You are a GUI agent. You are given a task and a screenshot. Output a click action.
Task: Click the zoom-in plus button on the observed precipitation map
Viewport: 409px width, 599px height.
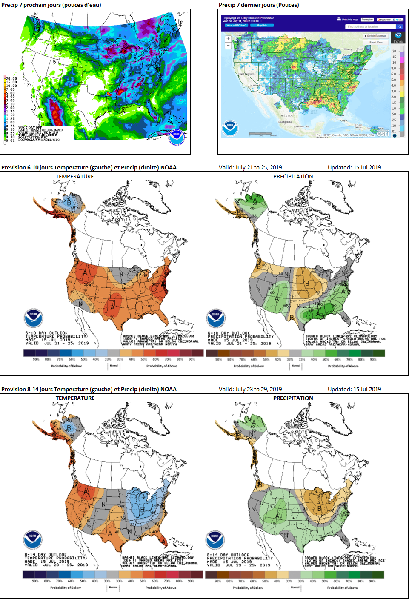pyautogui.click(x=228, y=39)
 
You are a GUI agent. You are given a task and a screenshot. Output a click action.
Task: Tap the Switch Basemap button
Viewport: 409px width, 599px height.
pyautogui.click(x=376, y=36)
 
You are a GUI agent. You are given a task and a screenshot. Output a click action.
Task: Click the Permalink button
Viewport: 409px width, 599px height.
pyautogui.click(x=367, y=20)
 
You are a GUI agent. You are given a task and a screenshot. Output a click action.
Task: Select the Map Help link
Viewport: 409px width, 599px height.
pyautogui.click(x=262, y=25)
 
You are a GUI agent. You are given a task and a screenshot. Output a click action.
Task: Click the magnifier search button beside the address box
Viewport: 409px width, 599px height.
pyautogui.click(x=400, y=27)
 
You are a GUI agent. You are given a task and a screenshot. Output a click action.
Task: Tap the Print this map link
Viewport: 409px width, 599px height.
pyautogui.click(x=348, y=20)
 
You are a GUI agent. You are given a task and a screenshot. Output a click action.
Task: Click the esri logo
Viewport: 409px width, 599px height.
pyautogui.click(x=383, y=133)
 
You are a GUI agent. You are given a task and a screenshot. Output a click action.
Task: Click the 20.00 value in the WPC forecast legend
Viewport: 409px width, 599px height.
pyautogui.click(x=11, y=78)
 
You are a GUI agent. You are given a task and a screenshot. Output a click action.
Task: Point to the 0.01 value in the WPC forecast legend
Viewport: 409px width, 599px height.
pyautogui.click(x=11, y=140)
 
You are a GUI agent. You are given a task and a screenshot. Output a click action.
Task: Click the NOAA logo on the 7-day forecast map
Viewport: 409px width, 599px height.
pyautogui.click(x=176, y=136)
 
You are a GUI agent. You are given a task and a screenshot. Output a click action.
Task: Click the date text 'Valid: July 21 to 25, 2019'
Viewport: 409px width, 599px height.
pyautogui.click(x=250, y=167)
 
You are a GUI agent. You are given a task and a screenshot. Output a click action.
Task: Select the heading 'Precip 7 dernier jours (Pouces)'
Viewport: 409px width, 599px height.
pyautogui.click(x=259, y=5)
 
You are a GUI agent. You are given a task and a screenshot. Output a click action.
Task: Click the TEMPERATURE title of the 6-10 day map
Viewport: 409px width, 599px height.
pyautogui.click(x=74, y=176)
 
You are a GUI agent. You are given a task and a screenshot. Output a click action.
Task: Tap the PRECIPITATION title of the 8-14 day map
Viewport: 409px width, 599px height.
pyautogui.click(x=293, y=398)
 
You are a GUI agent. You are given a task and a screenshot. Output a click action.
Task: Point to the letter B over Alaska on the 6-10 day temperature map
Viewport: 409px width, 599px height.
pyautogui.click(x=69, y=203)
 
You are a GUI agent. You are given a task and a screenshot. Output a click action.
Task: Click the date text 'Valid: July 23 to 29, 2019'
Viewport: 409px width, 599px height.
pyautogui.click(x=250, y=389)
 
